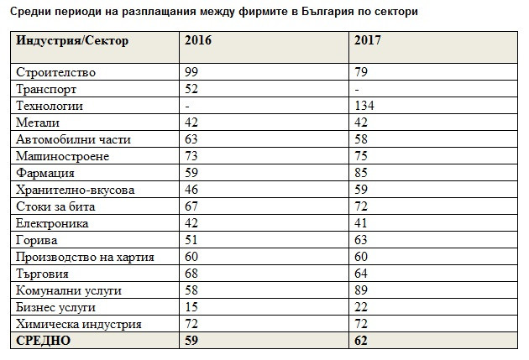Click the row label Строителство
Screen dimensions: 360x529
56,73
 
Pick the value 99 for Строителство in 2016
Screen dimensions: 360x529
192,73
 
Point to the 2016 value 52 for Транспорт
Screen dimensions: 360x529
192,90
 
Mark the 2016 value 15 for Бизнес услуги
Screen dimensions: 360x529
192,307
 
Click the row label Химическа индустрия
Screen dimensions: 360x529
79,324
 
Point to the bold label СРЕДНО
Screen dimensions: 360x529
45,341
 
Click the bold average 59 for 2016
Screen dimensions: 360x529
192,341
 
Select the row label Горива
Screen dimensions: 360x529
39,240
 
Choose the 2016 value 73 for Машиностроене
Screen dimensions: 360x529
192,156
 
